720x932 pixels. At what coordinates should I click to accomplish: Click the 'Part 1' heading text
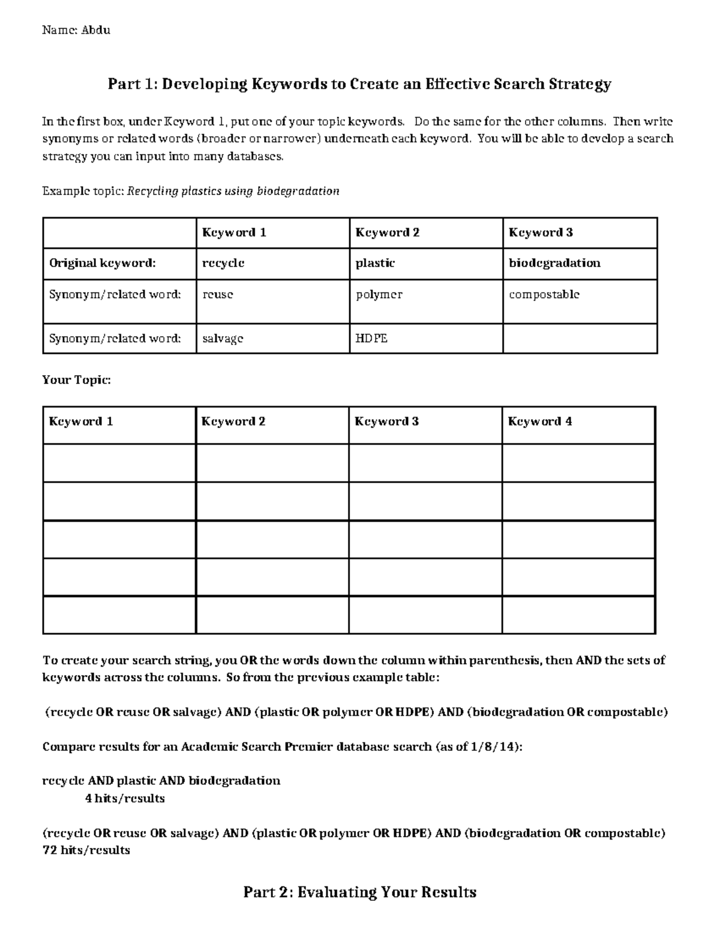(359, 84)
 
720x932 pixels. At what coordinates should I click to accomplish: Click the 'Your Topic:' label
(76, 380)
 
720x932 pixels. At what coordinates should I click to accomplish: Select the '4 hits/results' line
(125, 798)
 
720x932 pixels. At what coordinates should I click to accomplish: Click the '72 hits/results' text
(86, 850)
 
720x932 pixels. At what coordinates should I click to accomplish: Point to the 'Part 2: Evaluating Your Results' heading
(359, 892)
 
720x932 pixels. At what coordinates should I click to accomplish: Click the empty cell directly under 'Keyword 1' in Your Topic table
(119, 463)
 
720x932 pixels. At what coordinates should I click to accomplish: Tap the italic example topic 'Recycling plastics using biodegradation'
(233, 191)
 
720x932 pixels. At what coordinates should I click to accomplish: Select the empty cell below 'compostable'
(580, 338)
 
